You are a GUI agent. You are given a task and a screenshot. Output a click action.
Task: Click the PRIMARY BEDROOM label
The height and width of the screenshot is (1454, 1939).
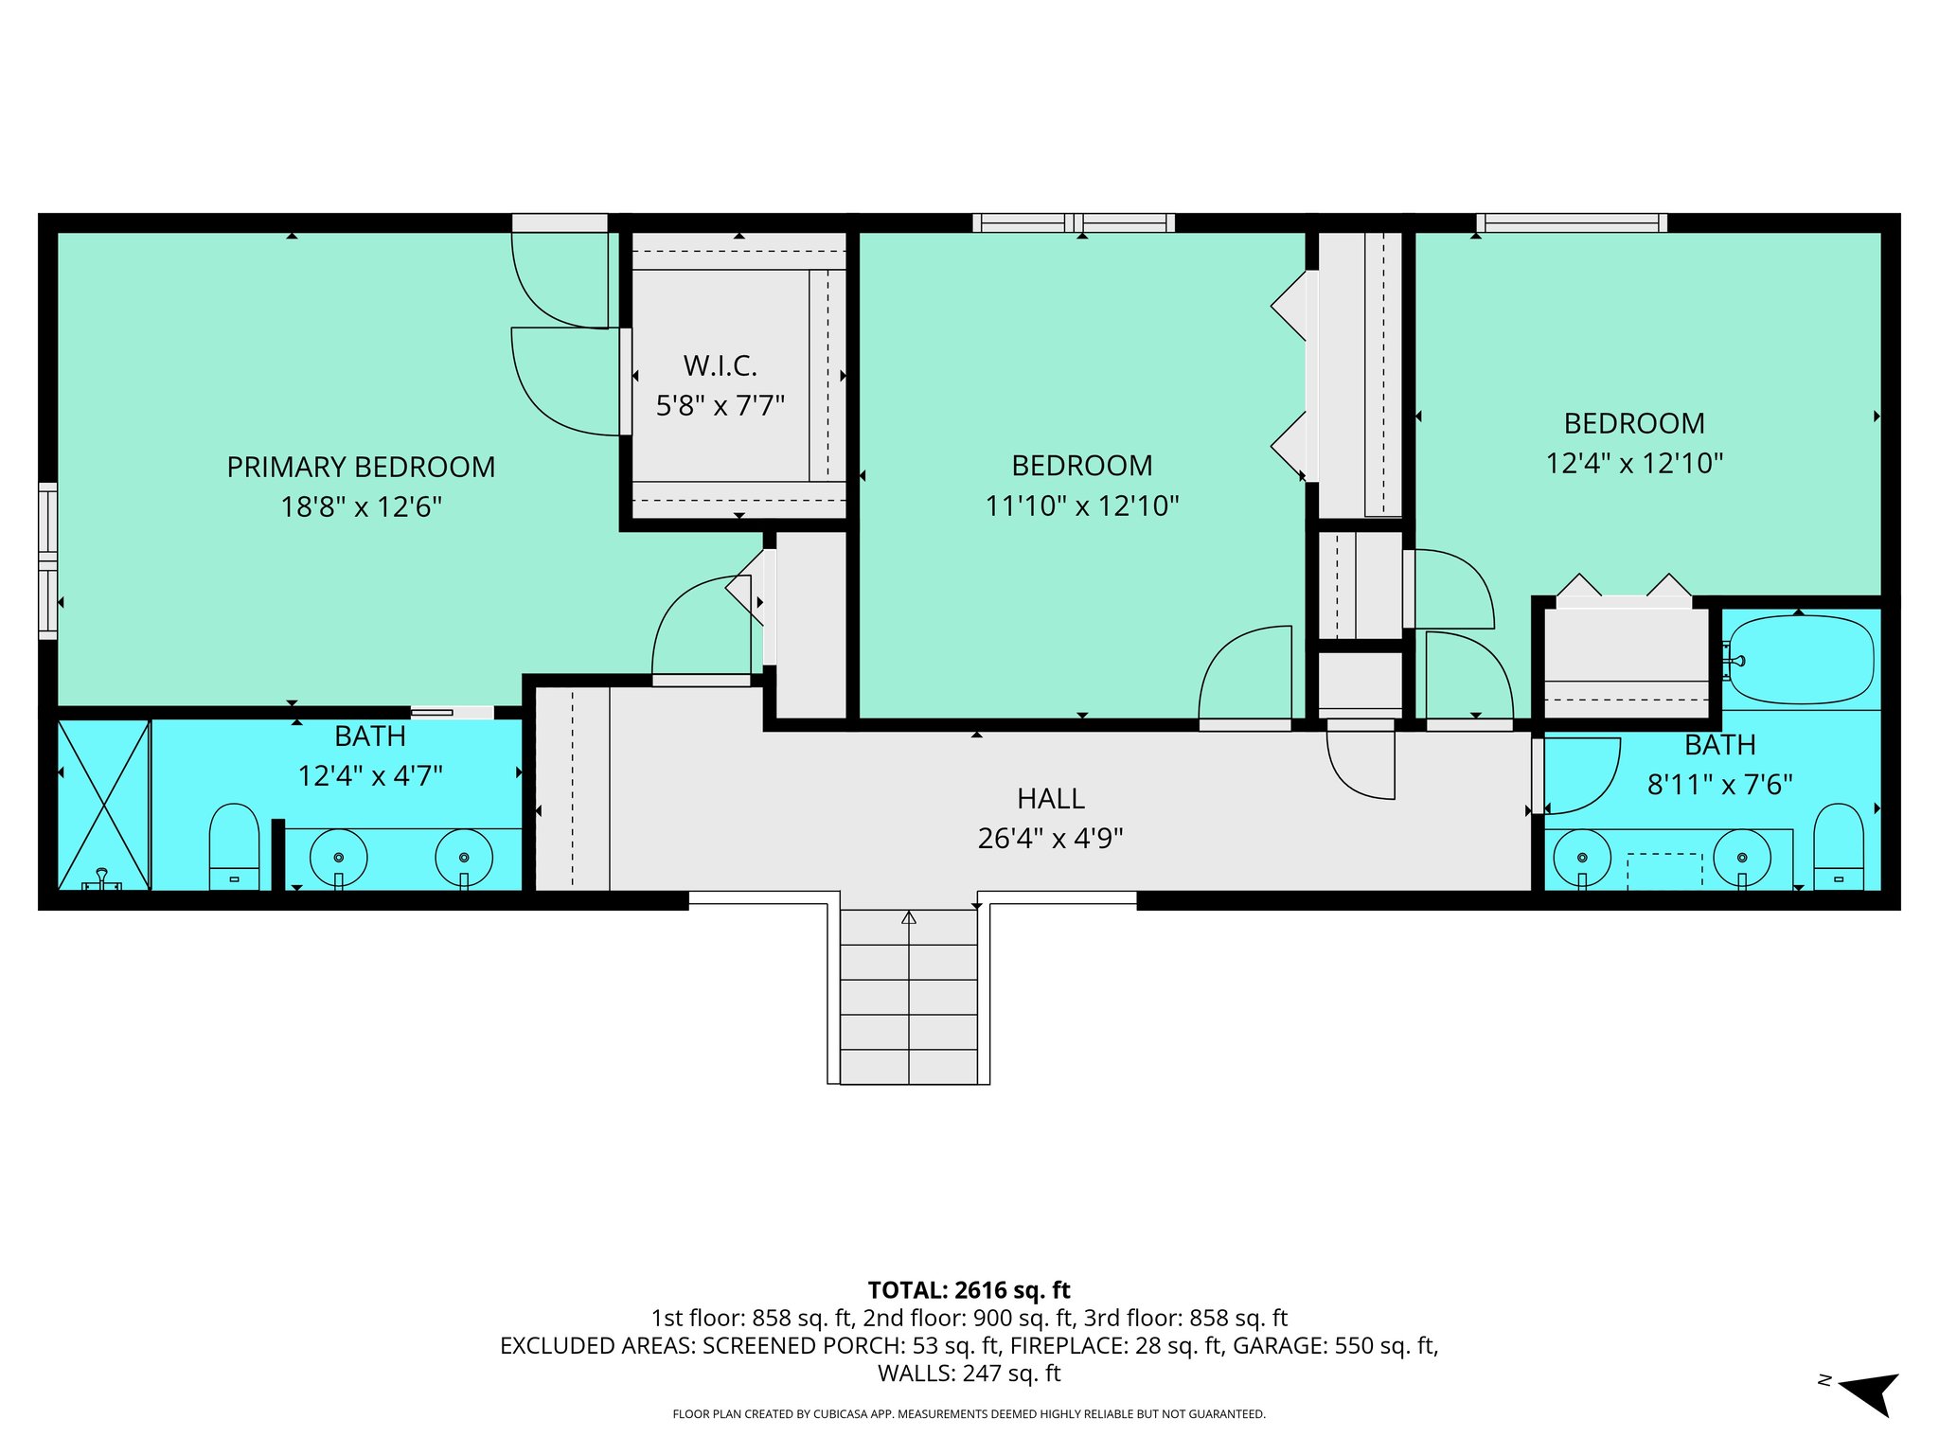click(361, 467)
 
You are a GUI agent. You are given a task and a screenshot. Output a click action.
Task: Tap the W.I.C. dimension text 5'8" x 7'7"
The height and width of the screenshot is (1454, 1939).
click(720, 406)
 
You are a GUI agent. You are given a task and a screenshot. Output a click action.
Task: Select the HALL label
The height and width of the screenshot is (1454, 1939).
click(1050, 799)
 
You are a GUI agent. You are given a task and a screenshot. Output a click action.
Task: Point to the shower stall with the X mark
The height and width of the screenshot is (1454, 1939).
click(103, 805)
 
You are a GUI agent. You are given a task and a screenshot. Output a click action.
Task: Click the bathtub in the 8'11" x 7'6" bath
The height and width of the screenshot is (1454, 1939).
click(1799, 660)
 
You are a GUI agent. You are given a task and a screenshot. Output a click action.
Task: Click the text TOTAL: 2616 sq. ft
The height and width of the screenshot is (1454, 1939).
click(969, 1290)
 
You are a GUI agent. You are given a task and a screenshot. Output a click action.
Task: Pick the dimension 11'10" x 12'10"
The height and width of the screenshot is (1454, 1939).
click(1082, 506)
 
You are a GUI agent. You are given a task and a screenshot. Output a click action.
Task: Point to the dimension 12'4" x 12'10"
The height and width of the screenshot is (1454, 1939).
click(1634, 464)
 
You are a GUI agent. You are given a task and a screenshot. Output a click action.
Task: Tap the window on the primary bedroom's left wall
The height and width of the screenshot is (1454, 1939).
click(47, 559)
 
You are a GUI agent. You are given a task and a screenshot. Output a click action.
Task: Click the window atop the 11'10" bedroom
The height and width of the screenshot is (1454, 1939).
click(1073, 222)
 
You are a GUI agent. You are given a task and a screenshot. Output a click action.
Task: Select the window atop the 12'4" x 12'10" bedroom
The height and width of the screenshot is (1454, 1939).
click(1571, 222)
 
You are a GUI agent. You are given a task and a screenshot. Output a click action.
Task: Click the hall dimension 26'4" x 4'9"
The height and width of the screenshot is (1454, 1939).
click(1050, 839)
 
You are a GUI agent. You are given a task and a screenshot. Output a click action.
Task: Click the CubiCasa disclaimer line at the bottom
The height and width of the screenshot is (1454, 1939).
click(969, 1414)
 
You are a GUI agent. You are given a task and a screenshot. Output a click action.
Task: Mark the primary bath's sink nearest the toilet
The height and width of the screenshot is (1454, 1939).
click(338, 858)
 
